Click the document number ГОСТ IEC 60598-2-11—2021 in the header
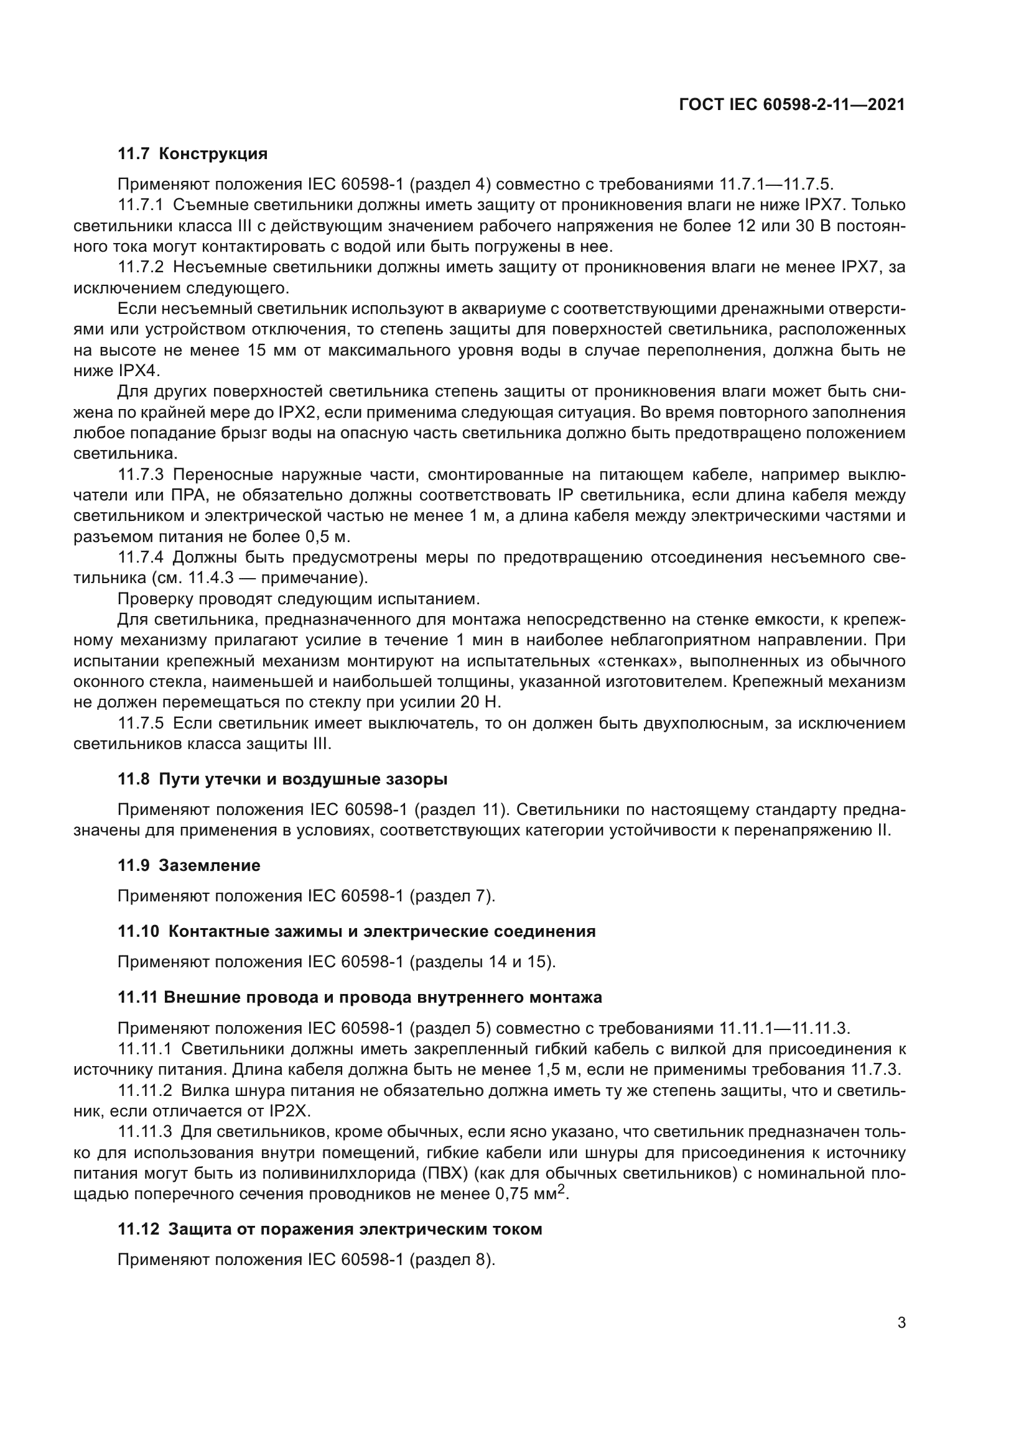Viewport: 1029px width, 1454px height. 791,105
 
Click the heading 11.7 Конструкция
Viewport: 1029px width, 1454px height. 193,154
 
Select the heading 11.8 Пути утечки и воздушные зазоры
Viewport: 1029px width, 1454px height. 282,780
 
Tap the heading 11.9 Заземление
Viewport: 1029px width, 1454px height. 189,866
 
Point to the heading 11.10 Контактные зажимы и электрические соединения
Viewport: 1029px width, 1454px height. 356,932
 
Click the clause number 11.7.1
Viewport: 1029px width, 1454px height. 141,205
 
